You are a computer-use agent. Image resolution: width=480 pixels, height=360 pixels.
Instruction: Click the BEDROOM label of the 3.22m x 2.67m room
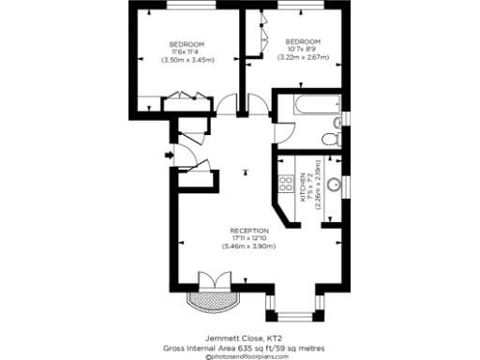click(303, 41)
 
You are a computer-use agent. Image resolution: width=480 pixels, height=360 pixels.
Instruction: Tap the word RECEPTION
click(249, 231)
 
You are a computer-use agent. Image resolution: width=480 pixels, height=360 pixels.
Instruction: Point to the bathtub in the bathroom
click(308, 107)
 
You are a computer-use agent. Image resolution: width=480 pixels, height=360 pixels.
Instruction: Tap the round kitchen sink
click(332, 172)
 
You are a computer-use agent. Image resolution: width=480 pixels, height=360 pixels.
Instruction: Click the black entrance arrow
click(169, 155)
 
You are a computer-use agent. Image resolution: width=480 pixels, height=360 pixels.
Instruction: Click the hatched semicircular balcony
click(208, 299)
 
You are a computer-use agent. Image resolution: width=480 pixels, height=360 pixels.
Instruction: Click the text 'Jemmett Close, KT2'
click(240, 337)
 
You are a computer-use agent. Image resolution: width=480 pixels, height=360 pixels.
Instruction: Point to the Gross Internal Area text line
click(240, 346)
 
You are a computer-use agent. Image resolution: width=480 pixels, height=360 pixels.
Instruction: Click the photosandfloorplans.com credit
click(240, 355)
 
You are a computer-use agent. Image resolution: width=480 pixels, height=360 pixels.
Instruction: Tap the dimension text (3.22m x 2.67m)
click(303, 57)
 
